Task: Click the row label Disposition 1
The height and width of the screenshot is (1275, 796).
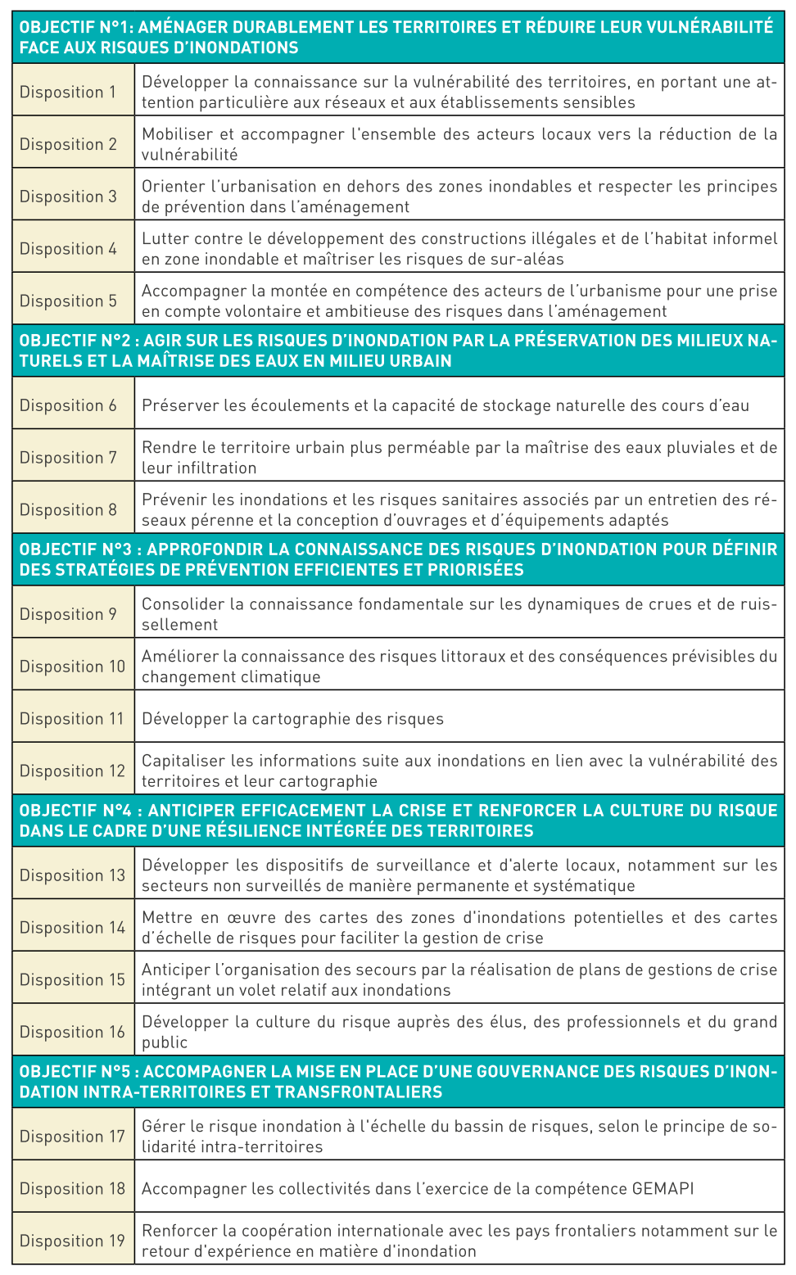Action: (68, 92)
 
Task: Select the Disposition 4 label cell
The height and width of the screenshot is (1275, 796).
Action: (68, 249)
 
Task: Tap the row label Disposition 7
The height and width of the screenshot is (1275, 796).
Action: (68, 458)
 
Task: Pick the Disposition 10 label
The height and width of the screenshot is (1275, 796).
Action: (72, 667)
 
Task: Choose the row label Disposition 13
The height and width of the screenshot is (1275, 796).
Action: (72, 875)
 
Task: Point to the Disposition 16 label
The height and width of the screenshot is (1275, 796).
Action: (72, 1032)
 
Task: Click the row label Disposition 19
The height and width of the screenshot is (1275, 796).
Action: (72, 1241)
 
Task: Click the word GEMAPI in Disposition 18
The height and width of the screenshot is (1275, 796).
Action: (663, 1188)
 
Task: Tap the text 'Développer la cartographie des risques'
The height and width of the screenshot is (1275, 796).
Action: (292, 719)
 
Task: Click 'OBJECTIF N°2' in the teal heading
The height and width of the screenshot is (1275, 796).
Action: (75, 341)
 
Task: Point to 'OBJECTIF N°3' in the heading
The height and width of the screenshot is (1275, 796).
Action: (75, 549)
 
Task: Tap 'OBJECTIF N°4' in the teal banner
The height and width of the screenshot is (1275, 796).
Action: (76, 811)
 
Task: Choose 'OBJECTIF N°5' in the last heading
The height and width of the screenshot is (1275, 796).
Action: (75, 1072)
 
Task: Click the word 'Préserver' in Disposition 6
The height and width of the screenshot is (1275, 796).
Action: (175, 405)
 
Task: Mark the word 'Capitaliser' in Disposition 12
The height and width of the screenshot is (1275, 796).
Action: (182, 761)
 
